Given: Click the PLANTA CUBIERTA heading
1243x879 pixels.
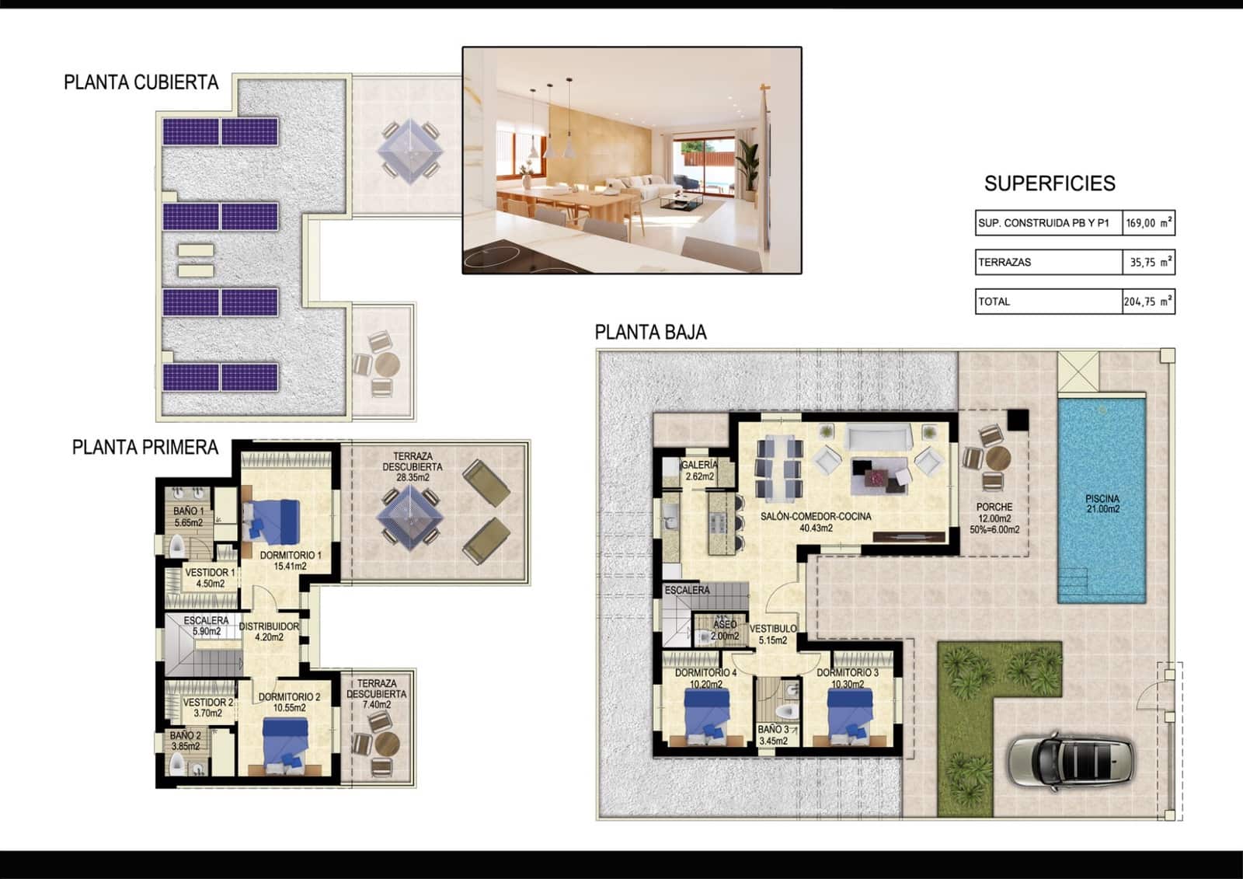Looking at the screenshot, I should (141, 82).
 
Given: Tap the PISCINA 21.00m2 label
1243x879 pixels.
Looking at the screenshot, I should (1102, 504).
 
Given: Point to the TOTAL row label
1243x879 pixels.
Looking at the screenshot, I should (994, 302).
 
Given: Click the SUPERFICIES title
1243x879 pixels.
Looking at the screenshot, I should (1049, 183).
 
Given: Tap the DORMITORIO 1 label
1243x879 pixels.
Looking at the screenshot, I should (291, 560).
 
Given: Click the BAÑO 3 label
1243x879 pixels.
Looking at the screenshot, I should (773, 735).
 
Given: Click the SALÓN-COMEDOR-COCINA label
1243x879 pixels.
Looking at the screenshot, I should (816, 521).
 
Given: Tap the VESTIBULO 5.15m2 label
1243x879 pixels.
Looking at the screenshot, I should (773, 634).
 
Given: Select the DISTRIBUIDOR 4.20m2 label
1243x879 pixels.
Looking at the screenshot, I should (269, 631).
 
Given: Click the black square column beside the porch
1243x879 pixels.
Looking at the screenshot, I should (1018, 420).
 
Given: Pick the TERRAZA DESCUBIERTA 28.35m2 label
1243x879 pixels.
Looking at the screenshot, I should (413, 466).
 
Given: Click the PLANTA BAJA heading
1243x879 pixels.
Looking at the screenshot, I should (650, 333).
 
